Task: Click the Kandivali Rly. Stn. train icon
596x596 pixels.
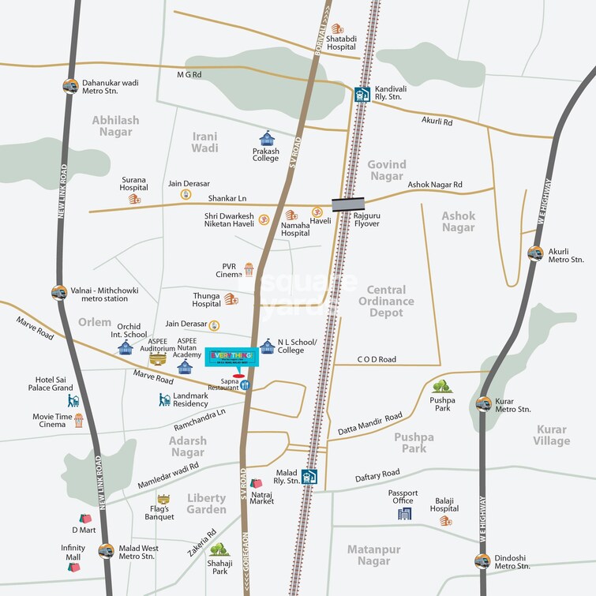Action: point(362,94)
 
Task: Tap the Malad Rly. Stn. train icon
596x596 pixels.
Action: point(310,477)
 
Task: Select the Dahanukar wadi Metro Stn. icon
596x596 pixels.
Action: point(70,86)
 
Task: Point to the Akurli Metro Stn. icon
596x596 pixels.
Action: point(536,253)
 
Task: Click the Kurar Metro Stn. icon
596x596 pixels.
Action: point(483,404)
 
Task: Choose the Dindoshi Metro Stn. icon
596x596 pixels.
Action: point(482,560)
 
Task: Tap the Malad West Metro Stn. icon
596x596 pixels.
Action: point(105,550)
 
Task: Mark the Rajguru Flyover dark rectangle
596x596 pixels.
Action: point(348,204)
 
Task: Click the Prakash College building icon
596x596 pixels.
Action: point(266,138)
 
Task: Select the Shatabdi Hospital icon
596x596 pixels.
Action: point(337,29)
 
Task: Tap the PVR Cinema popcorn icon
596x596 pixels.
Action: point(249,270)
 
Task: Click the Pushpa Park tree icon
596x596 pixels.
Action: point(442,386)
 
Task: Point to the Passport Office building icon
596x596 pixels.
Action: point(404,513)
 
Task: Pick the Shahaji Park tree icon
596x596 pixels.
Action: point(219,549)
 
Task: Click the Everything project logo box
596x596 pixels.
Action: point(231,357)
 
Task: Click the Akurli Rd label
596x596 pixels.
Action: point(437,122)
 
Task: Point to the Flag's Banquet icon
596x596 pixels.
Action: point(163,500)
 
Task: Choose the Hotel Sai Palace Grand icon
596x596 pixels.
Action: point(73,400)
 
